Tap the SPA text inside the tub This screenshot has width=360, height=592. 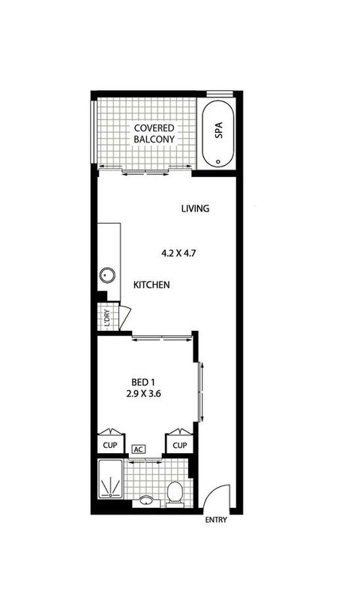tap(219, 132)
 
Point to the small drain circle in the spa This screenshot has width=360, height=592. tap(218, 161)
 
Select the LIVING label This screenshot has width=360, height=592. tap(194, 209)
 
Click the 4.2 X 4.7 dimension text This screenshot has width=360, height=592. tap(178, 253)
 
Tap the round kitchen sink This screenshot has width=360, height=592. tap(105, 275)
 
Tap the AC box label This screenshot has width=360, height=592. tap(137, 449)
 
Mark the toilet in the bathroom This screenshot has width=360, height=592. tap(175, 493)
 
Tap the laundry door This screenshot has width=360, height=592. tap(124, 314)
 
